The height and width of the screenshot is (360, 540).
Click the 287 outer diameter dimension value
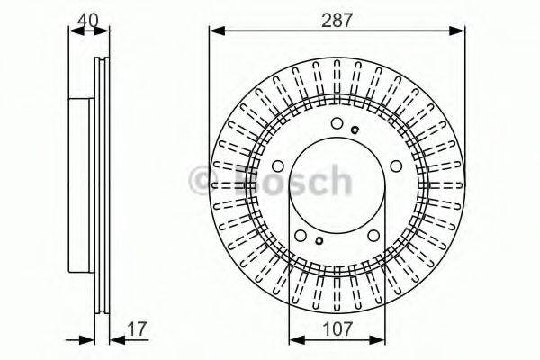click(x=337, y=17)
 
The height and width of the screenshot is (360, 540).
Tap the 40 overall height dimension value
click(x=87, y=17)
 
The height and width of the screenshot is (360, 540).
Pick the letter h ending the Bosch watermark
click(x=338, y=181)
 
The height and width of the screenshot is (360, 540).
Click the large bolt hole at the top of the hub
click(x=337, y=125)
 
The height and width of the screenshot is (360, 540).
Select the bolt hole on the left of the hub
click(x=278, y=167)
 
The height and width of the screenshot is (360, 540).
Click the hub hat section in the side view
click(x=81, y=180)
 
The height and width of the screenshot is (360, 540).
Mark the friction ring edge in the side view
click(x=102, y=180)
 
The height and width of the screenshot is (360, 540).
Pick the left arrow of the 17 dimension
click(x=89, y=340)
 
